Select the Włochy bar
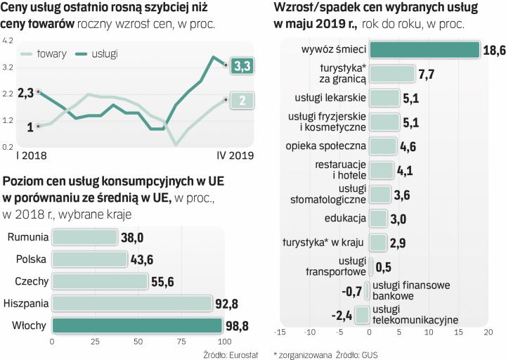coord(133,326)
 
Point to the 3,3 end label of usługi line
coord(241,65)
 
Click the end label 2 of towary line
coord(241,101)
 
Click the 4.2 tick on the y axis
coord(8,41)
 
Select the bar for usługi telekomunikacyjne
coord(363,314)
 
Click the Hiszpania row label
coord(25,303)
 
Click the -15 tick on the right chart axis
coord(280,332)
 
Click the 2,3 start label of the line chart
coord(26,92)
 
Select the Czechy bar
coord(99,281)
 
